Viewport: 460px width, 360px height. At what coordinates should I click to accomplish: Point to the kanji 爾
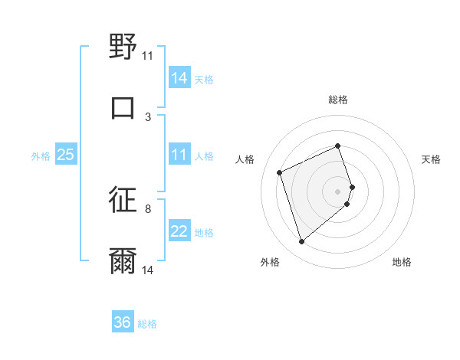tap(123, 260)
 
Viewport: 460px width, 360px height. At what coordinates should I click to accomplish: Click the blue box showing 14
tap(179, 77)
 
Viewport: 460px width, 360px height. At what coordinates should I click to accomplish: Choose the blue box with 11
tap(179, 155)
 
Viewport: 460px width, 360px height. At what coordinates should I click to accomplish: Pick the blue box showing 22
tap(179, 232)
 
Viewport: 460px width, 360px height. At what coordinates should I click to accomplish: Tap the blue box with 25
tap(65, 155)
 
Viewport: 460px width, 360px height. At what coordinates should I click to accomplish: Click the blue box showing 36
tap(123, 322)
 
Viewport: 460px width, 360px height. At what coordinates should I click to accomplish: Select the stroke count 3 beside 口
tap(148, 116)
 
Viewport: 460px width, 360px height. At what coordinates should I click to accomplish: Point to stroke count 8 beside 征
tap(148, 208)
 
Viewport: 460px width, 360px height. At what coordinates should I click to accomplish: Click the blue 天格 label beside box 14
tap(204, 79)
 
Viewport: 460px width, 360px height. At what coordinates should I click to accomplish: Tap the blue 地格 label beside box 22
tap(204, 233)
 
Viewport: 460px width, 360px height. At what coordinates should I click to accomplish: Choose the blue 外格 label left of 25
tap(41, 156)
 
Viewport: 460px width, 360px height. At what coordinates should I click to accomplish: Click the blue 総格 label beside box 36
tap(147, 324)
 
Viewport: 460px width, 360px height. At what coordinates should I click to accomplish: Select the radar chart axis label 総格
tap(338, 100)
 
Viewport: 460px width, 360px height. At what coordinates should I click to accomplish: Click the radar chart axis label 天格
tap(431, 159)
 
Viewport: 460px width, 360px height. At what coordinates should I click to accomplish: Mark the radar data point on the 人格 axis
tap(281, 172)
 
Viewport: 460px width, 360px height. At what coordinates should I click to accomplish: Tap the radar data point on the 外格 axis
tap(302, 242)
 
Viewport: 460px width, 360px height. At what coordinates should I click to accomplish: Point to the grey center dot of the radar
tap(338, 191)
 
